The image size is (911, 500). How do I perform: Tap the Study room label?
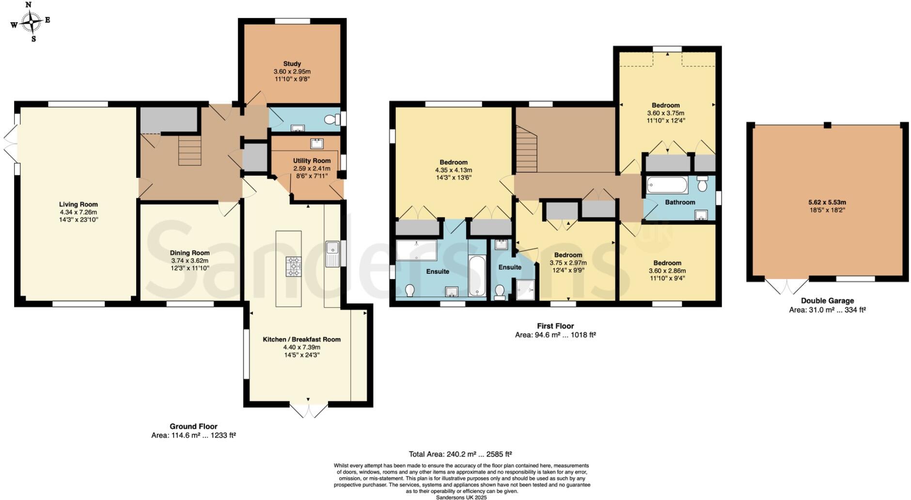pyautogui.click(x=292, y=63)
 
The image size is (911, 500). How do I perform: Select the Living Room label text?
pyautogui.click(x=79, y=204)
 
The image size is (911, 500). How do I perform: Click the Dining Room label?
pyautogui.click(x=190, y=253)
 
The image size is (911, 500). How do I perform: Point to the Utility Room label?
pyautogui.click(x=312, y=161)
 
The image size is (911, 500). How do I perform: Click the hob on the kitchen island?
pyautogui.click(x=293, y=266)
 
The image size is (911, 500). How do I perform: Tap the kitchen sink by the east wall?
pyautogui.click(x=332, y=254)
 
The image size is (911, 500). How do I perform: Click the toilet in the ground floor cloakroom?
pyautogui.click(x=332, y=120)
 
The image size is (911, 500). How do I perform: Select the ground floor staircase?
pyautogui.click(x=189, y=151)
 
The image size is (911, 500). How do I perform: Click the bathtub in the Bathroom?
pyautogui.click(x=667, y=185)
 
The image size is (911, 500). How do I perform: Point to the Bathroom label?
pyautogui.click(x=680, y=202)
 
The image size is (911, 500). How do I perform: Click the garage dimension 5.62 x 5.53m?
pyautogui.click(x=827, y=203)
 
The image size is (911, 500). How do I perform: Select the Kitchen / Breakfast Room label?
pyautogui.click(x=302, y=340)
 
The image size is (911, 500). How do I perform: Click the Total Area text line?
pyautogui.click(x=460, y=454)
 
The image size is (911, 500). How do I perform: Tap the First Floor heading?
pyautogui.click(x=555, y=326)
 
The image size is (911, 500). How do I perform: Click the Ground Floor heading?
pyautogui.click(x=193, y=427)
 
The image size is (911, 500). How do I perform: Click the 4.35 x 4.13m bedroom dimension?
pyautogui.click(x=454, y=170)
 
